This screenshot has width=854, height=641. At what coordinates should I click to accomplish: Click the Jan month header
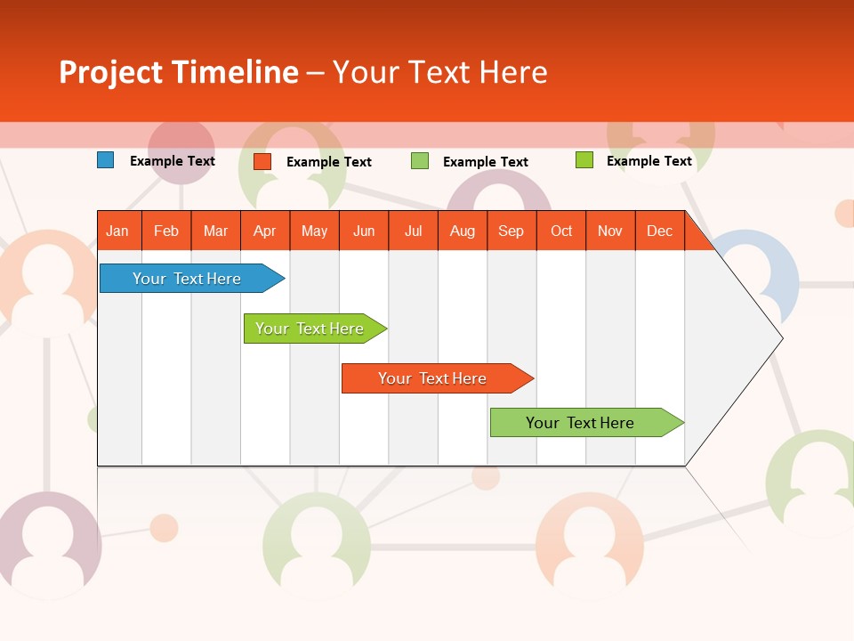click(118, 231)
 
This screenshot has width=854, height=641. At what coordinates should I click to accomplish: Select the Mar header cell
click(215, 231)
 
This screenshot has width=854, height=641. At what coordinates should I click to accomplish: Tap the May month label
click(314, 231)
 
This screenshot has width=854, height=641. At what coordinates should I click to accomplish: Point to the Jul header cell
click(413, 231)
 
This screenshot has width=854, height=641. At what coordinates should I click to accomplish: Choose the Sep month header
click(511, 231)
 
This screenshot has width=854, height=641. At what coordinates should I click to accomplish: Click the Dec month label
click(659, 231)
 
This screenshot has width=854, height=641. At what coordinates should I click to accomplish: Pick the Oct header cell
click(561, 231)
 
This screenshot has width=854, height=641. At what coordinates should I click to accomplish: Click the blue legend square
click(105, 160)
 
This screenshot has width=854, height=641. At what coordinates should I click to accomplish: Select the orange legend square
click(262, 161)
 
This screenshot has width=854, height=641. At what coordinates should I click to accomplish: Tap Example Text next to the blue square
click(173, 161)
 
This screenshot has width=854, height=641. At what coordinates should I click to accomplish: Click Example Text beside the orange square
click(329, 162)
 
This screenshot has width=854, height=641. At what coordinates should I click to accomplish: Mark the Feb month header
click(166, 231)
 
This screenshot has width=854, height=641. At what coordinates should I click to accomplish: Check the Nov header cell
click(610, 231)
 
